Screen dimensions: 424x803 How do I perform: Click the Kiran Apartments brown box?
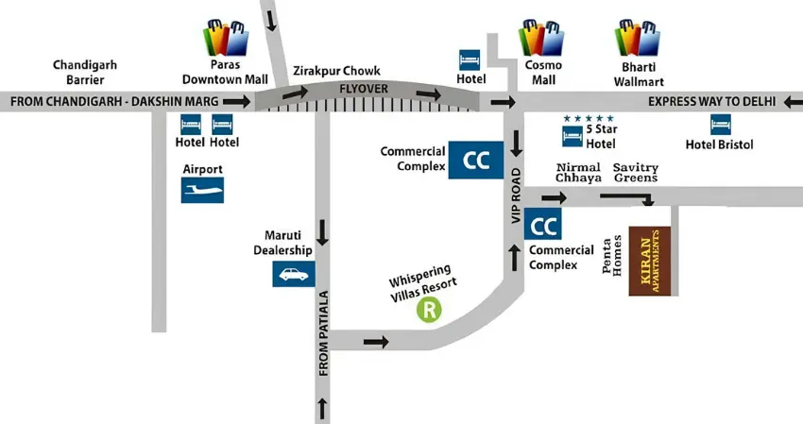click(x=650, y=261)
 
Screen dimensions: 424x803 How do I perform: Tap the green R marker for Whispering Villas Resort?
click(x=431, y=310)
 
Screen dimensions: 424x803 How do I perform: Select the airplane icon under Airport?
click(x=203, y=192)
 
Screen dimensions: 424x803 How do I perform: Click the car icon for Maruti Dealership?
click(x=294, y=274)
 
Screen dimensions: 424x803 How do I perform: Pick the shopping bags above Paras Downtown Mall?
click(x=227, y=38)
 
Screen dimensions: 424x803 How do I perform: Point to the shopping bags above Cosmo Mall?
click(x=540, y=38)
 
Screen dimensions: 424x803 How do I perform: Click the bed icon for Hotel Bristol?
click(x=721, y=124)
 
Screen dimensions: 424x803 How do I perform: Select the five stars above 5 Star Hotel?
click(x=589, y=118)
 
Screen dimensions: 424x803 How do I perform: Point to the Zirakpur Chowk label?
click(x=328, y=70)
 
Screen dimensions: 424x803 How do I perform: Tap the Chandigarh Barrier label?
click(x=84, y=73)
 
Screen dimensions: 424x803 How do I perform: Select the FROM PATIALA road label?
click(x=323, y=334)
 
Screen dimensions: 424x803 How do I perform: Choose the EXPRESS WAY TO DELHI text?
click(x=711, y=101)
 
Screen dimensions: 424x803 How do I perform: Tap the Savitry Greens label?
click(x=636, y=173)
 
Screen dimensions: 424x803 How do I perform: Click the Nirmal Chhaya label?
click(x=577, y=173)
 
